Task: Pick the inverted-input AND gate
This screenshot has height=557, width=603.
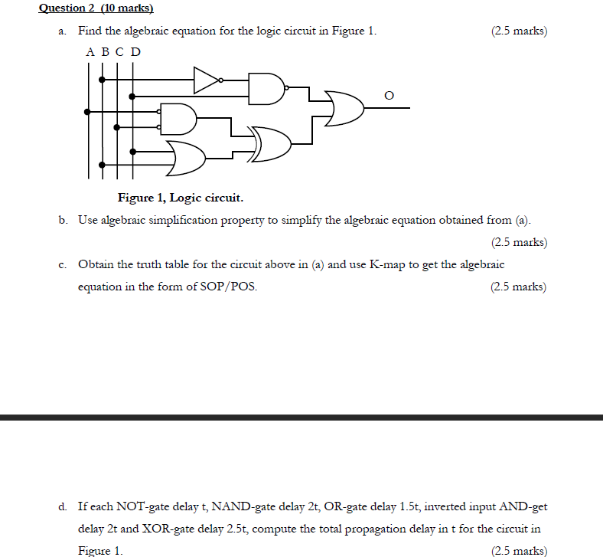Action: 178,118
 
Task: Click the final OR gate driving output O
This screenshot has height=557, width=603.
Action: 344,108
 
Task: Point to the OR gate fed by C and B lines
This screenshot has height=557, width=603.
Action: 186,157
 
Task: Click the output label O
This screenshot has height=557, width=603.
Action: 389,96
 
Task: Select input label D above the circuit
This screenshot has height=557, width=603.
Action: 135,52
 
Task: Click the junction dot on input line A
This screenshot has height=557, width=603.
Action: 87,112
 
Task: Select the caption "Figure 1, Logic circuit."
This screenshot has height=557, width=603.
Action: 181,198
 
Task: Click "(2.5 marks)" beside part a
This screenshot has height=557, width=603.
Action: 520,31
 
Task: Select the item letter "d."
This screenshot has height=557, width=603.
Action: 62,506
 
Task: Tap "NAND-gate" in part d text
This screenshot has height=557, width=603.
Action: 241,506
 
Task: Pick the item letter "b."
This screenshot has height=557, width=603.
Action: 62,220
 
